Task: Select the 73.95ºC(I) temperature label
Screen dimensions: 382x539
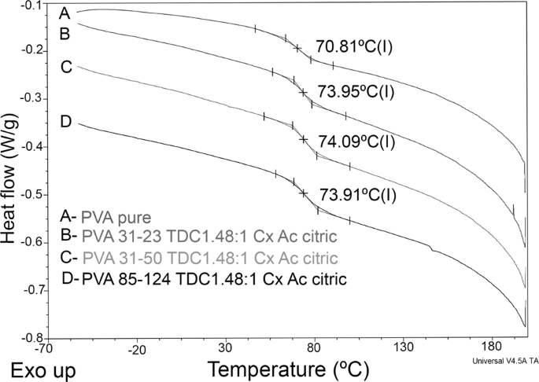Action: coord(355,90)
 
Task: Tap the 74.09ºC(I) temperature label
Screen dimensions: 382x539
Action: coord(355,141)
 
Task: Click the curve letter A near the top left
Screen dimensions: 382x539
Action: coord(66,13)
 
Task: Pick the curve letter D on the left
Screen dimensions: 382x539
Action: coord(66,121)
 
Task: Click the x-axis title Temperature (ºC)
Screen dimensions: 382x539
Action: coord(284,368)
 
